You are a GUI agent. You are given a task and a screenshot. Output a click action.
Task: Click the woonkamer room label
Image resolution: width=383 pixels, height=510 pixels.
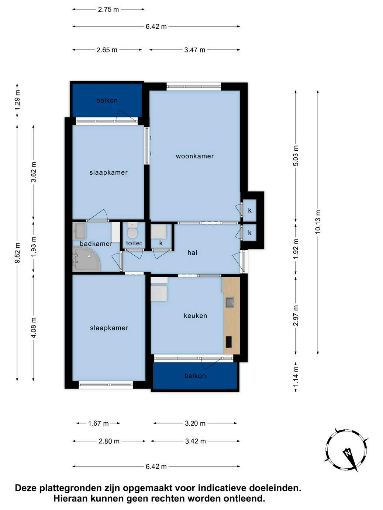195,156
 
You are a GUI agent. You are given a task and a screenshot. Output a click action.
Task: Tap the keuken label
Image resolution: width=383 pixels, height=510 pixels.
195,315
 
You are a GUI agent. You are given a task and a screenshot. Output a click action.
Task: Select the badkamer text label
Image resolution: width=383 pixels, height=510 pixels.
96,244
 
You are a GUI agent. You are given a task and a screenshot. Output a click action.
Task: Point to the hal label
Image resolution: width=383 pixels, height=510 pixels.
192,252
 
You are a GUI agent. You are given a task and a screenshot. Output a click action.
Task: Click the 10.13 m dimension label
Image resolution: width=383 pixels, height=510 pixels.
318,222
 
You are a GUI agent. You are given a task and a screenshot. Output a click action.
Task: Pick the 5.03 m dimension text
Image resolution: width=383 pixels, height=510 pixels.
296,156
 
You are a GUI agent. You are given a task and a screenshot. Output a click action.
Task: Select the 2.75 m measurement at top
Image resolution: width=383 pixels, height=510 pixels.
108,10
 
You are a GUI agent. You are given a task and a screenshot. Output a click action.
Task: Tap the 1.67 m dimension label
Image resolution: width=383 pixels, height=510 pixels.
99,423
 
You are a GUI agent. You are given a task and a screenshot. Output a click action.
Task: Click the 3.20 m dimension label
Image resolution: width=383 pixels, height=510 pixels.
195,423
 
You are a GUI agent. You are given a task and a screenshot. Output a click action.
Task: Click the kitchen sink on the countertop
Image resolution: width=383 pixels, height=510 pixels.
230,302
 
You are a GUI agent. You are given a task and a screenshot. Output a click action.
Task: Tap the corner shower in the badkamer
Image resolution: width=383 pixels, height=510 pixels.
86,259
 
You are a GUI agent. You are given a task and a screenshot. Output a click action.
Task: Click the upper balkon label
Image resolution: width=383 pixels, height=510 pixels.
107,101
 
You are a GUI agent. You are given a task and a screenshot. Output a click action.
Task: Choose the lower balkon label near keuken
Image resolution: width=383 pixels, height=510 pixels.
195,376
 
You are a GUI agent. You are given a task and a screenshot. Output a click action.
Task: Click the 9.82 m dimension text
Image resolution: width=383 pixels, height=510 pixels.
17,252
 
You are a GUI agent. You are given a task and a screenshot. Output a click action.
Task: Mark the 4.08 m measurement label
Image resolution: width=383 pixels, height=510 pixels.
34,328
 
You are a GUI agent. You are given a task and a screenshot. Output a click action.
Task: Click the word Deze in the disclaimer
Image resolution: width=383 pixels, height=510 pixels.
26,488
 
